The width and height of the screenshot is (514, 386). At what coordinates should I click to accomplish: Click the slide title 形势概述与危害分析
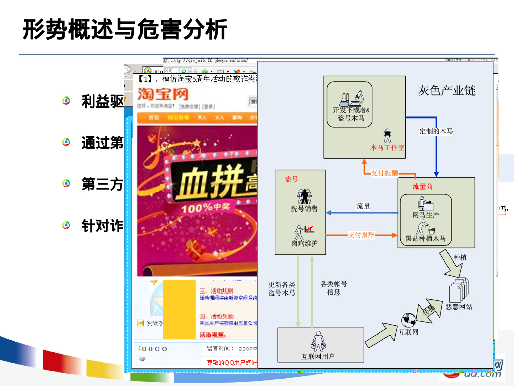(124, 29)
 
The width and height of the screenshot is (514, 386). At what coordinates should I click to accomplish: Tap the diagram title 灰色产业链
(447, 90)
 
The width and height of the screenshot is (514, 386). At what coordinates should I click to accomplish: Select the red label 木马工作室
(388, 147)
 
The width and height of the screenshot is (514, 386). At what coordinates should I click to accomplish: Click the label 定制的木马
(436, 131)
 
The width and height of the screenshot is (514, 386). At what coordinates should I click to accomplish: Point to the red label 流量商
(422, 186)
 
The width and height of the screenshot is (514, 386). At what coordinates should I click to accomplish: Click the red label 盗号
(291, 179)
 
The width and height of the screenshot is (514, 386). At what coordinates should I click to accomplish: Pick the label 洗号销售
(304, 209)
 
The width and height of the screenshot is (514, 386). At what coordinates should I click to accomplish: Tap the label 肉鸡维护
(304, 243)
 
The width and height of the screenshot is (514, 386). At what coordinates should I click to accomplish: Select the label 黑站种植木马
(425, 239)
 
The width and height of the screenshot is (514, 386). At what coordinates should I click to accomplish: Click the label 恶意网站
(458, 306)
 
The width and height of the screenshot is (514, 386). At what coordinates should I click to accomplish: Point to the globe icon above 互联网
(408, 319)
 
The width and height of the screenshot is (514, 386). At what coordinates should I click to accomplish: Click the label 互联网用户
(318, 356)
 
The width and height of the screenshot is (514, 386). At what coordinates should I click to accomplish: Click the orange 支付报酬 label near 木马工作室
(384, 173)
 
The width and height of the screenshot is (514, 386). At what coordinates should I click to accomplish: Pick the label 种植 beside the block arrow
(460, 257)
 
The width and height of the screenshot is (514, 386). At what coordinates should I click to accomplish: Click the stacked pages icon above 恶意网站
(458, 288)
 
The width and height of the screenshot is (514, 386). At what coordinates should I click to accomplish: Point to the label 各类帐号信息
(334, 287)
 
